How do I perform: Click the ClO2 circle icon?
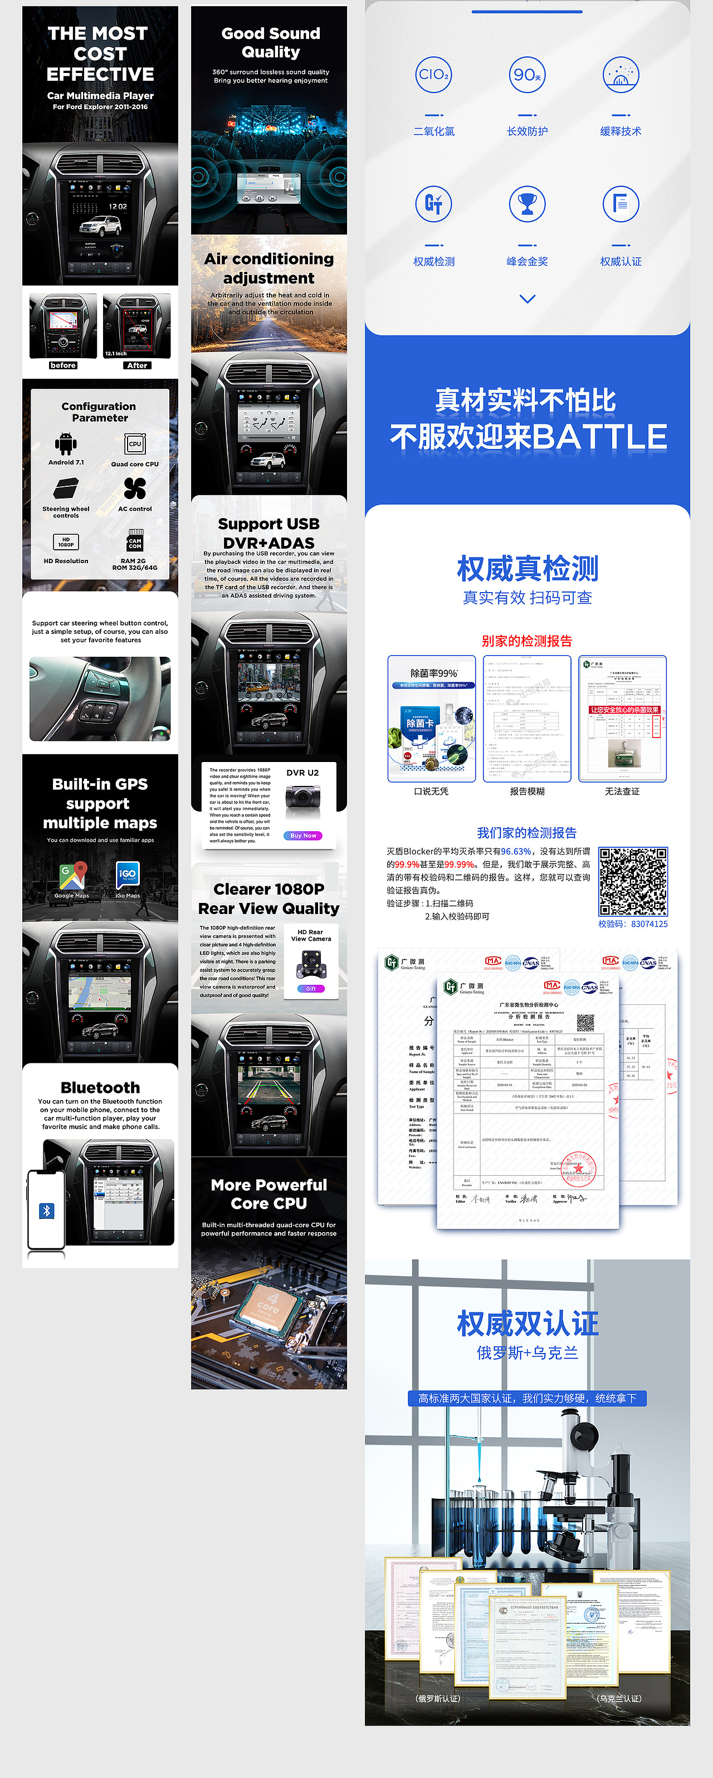(x=433, y=75)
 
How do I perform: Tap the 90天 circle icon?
(x=528, y=75)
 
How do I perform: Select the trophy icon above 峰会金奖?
(x=528, y=204)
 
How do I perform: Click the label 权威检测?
(x=433, y=262)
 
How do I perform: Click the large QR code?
(x=633, y=881)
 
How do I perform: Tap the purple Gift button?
(x=311, y=988)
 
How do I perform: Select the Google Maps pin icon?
(x=72, y=875)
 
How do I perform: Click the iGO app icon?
(x=128, y=875)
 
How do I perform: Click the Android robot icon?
(x=66, y=444)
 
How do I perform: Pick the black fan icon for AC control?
(x=135, y=489)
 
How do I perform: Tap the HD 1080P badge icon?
(x=66, y=542)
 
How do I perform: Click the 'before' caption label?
(x=63, y=365)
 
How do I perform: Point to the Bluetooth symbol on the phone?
(x=46, y=1210)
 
